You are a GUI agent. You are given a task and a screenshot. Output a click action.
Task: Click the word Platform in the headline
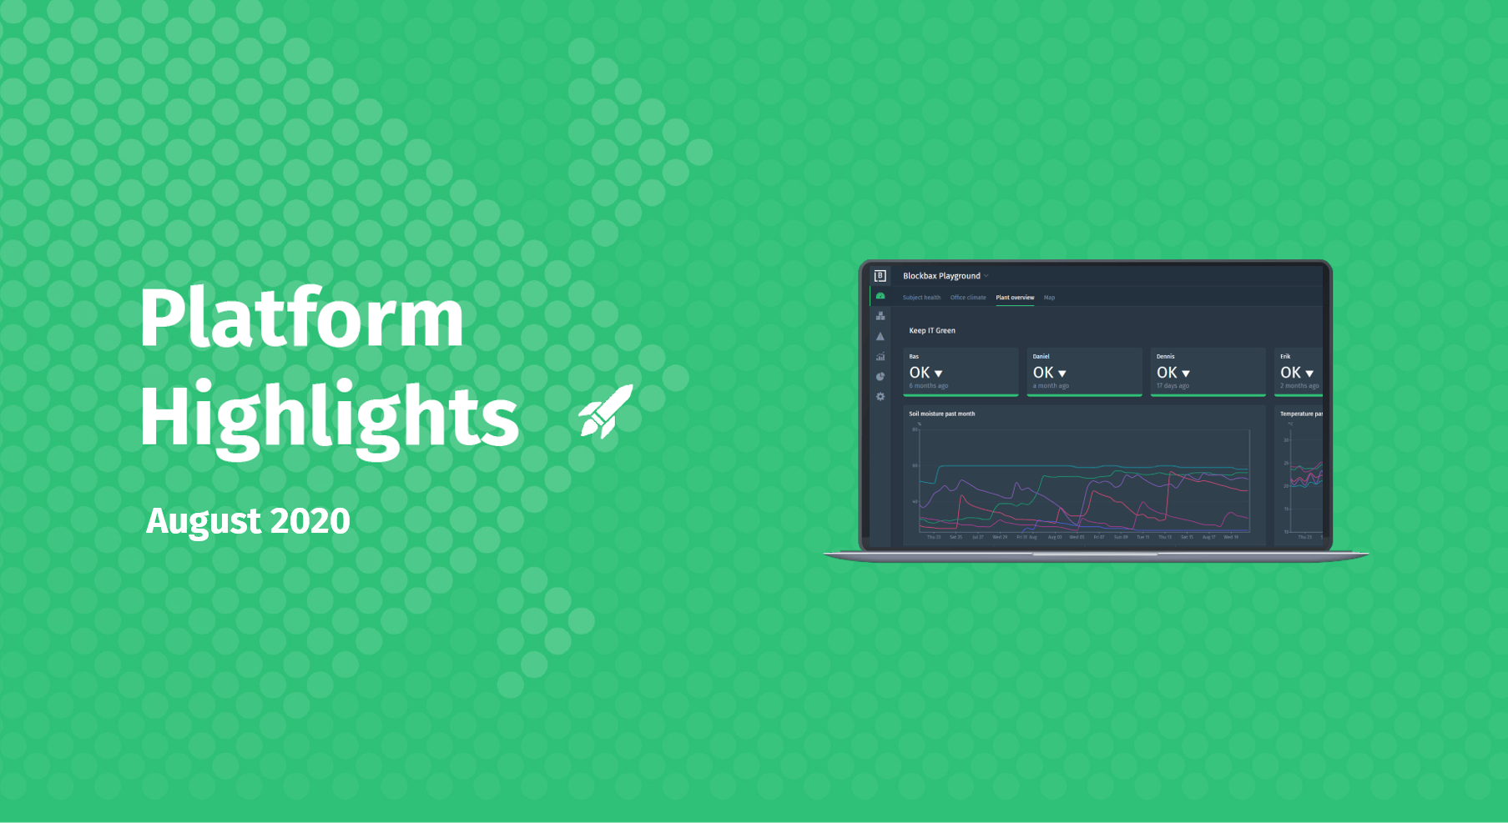tap(300, 319)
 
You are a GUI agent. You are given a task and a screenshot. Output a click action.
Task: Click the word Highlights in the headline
tap(329, 417)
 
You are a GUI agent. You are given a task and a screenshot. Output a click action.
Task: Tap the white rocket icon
tap(607, 412)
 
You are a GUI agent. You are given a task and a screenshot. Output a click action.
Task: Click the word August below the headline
tap(204, 522)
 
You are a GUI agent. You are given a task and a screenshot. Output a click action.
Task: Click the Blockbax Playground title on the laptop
tap(941, 276)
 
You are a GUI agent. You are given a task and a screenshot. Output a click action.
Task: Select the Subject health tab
tap(921, 298)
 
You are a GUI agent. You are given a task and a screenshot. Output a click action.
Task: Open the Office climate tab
tap(968, 298)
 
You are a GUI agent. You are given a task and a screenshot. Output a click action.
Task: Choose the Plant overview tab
tap(1015, 298)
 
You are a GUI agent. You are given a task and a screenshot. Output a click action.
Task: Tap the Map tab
tap(1049, 298)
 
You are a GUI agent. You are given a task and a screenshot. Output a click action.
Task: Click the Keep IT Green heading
tap(932, 331)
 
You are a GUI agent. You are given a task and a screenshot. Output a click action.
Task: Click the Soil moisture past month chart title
tap(941, 414)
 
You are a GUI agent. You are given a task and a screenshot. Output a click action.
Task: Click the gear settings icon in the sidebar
tap(880, 397)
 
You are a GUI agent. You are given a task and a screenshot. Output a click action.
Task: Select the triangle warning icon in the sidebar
tap(880, 337)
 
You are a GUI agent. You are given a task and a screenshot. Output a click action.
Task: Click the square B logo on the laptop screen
tap(880, 276)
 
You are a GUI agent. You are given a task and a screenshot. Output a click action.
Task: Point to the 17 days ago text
tap(1173, 386)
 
